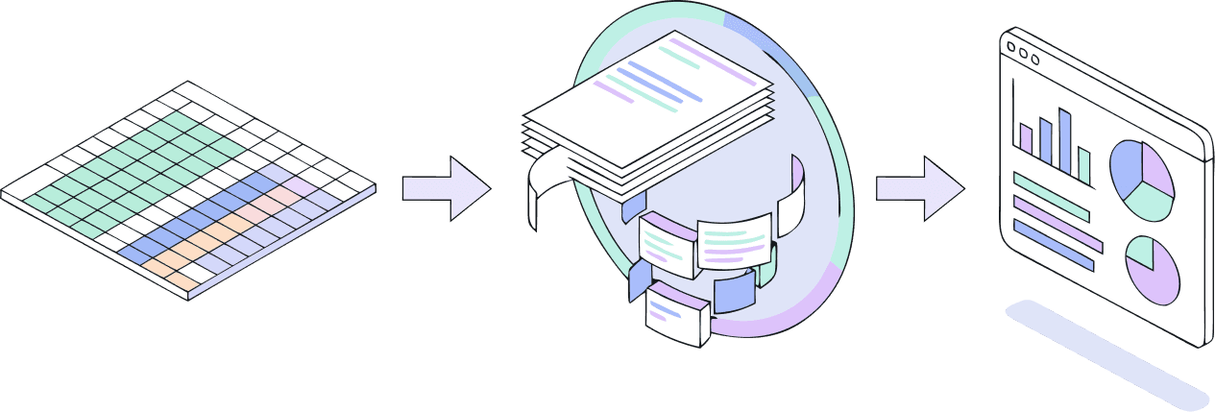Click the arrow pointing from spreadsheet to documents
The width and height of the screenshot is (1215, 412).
coord(444,188)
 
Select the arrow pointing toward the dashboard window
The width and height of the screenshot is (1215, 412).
coord(917,188)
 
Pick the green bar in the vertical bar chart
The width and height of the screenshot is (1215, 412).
coord(1083,165)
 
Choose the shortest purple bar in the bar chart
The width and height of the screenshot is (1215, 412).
coord(1026,139)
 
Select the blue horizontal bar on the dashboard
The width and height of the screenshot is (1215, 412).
coord(1053,246)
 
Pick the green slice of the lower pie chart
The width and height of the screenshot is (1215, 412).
coord(1140,252)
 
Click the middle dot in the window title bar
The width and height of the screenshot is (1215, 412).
coord(1022,51)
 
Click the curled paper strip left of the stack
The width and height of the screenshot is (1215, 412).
coord(538,192)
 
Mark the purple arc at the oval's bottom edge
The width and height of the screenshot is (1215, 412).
coord(768,322)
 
